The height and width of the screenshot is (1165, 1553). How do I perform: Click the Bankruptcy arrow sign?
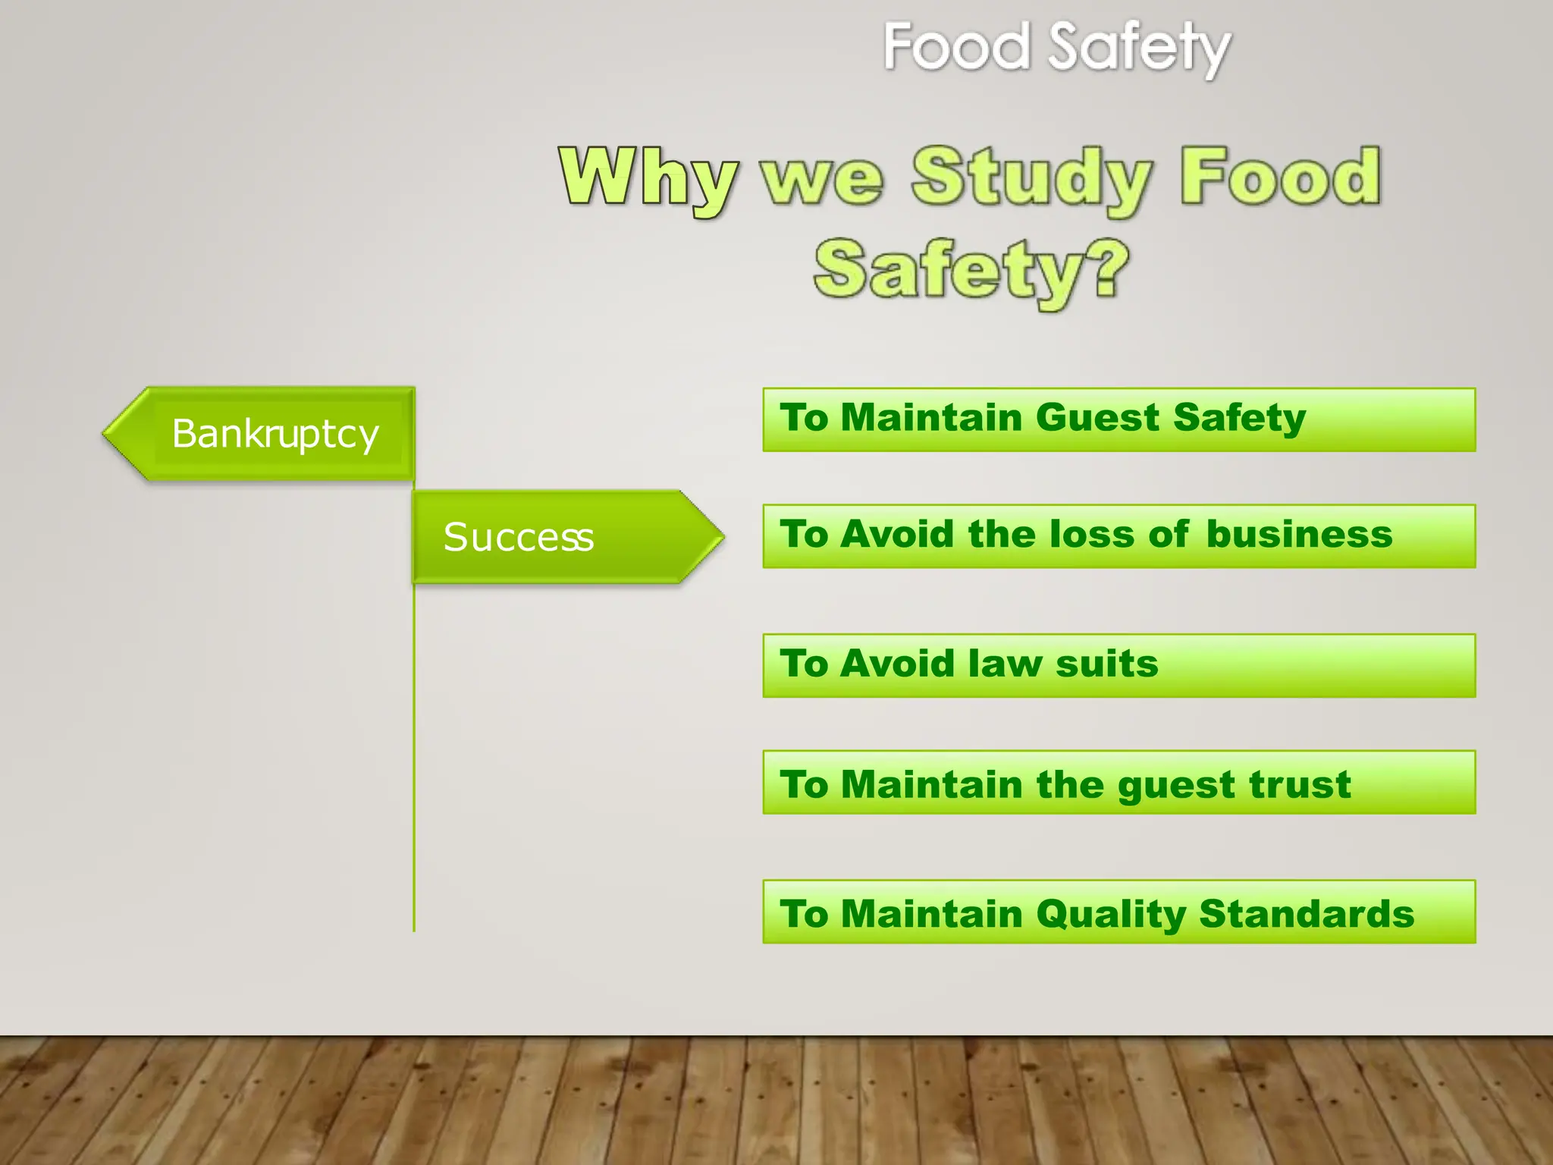[262, 434]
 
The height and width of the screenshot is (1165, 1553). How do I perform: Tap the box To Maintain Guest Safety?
[1118, 419]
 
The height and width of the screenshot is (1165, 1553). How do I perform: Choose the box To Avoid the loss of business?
[1118, 535]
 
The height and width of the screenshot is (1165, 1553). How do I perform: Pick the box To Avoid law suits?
[1118, 665]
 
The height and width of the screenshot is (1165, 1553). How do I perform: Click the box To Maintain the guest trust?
[1118, 782]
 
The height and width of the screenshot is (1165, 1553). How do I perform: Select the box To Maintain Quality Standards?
[1118, 912]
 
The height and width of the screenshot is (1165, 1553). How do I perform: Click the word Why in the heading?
[648, 178]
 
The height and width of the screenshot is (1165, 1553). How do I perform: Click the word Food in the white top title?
[957, 47]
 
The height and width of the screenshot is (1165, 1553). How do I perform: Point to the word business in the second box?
[1299, 534]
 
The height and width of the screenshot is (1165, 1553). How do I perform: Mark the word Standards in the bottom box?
[1307, 913]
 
